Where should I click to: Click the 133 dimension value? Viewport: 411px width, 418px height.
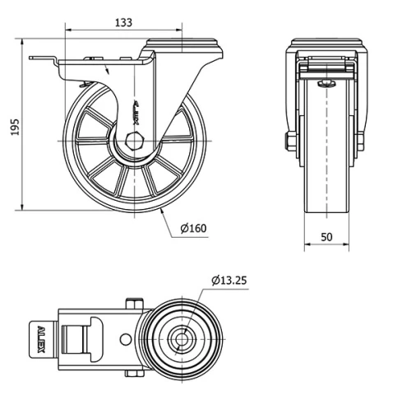point(122,23)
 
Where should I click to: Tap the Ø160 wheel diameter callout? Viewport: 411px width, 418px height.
point(193,228)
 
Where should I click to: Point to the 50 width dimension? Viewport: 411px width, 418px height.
point(326,237)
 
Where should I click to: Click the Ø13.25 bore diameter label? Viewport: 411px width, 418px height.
point(229,280)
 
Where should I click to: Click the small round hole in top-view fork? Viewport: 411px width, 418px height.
point(124,339)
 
